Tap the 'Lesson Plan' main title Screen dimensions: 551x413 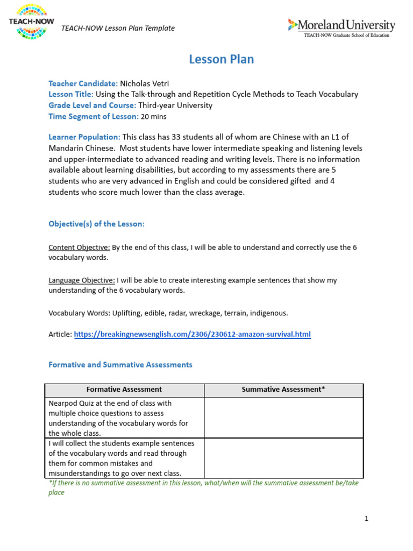(221, 60)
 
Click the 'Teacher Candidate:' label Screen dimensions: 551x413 (83, 83)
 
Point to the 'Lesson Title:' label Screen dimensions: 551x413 (71, 94)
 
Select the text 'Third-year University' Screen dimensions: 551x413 (175, 105)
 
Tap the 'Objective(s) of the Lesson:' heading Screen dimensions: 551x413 (97, 224)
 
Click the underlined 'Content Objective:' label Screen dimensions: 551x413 (80, 248)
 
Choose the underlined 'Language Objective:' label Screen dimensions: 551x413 (82, 280)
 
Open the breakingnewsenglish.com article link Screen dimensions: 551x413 (192, 334)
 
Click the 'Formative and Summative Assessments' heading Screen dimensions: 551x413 (120, 364)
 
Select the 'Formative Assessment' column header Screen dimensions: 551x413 (124, 390)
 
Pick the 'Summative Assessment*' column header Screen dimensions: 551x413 (283, 390)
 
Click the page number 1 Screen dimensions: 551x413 (366, 519)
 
